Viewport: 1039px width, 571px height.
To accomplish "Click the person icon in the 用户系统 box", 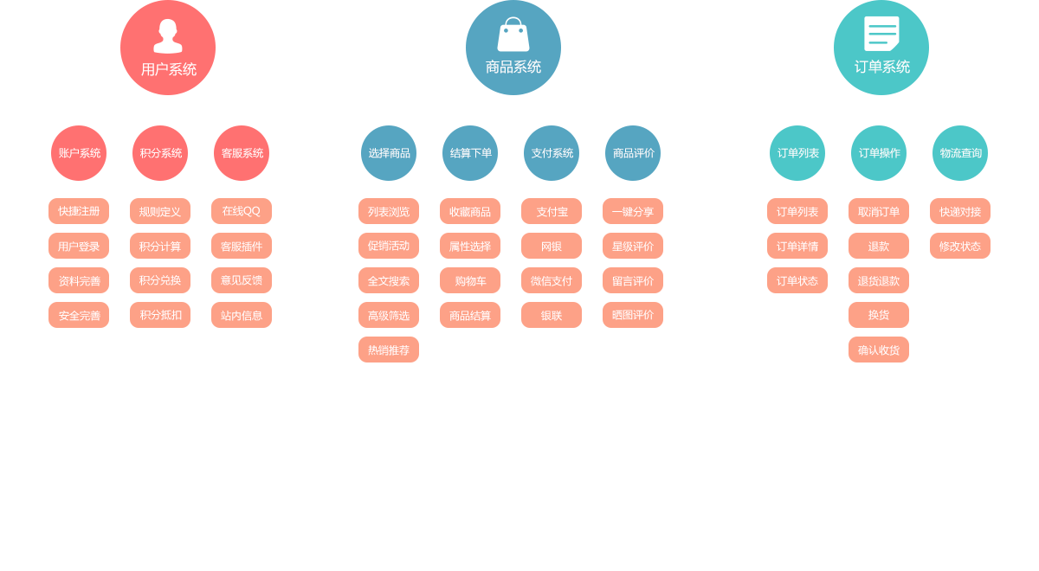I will point(168,36).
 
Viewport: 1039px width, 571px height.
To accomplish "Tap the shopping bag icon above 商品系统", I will point(513,35).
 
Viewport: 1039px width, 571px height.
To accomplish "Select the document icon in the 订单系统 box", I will point(881,34).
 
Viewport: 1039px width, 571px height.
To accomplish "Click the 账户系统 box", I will point(79,153).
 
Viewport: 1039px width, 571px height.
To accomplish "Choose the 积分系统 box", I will point(160,153).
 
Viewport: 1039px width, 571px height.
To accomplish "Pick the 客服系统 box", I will point(242,153).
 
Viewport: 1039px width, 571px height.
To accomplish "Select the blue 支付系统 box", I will point(552,153).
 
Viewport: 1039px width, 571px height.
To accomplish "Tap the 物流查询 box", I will point(960,153).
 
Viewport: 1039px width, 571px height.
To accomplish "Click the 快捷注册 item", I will point(79,211).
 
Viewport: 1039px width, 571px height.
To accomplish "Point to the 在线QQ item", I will point(241,211).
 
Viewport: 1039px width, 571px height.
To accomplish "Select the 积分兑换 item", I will point(160,280).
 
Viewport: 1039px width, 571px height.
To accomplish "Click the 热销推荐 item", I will point(389,350).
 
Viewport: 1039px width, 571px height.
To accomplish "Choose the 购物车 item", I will point(470,280).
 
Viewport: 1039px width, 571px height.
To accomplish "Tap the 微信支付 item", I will point(552,280).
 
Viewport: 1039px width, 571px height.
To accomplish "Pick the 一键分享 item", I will point(633,211).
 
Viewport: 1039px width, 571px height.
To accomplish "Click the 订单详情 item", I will point(797,246).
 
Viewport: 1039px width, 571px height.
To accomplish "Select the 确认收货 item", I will point(878,350).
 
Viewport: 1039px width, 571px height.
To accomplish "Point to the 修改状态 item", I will point(959,246).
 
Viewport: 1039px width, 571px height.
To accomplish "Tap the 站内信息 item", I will point(241,315).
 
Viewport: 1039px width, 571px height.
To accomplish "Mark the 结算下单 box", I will point(470,153).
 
